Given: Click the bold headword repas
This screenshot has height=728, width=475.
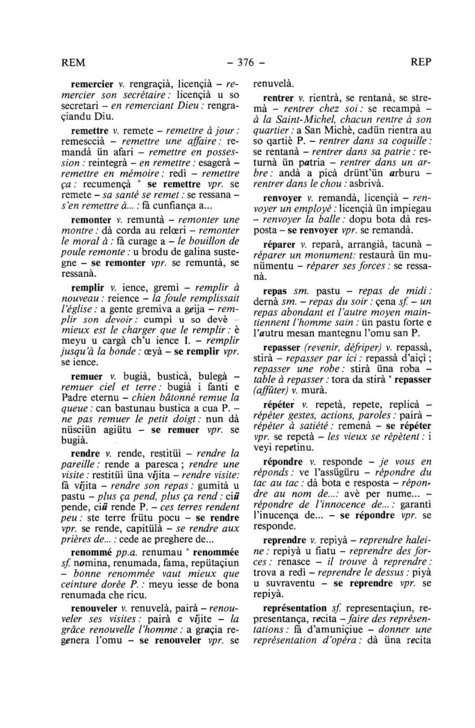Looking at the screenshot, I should (x=275, y=292).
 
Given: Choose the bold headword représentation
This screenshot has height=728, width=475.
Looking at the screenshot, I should (x=295, y=608).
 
